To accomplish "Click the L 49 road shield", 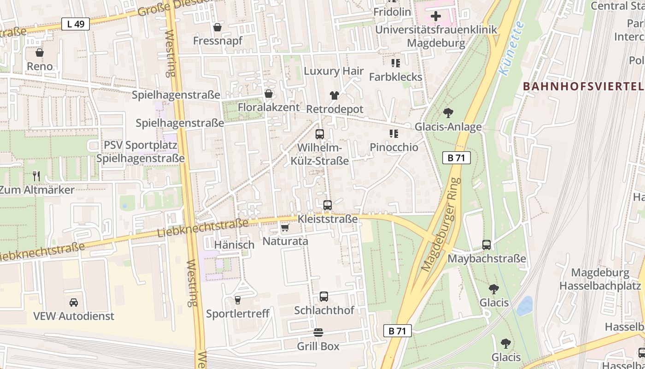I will coord(76,24).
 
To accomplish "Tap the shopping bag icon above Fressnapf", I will coord(217,28).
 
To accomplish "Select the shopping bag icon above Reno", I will coord(40,53).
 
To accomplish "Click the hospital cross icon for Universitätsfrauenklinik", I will coord(435,17).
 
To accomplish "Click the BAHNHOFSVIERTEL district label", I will coord(583,86).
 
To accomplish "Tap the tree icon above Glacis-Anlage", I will coord(448,113).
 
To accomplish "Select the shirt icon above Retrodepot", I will coord(334,95).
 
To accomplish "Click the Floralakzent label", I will coord(269,107).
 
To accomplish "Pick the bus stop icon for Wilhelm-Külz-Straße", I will coord(319,134).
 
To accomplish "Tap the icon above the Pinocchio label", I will coord(394,134).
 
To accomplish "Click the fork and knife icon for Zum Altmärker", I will coord(37,176).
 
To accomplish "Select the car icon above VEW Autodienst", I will coord(74,303).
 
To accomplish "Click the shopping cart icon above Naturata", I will coord(285,228).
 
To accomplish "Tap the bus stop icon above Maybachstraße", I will coord(487,245).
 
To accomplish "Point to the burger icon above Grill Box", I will coord(318,333).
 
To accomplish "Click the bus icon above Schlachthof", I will coord(324,297).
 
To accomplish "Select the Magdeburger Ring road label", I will coord(441,225).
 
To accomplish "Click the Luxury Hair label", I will coord(334,71).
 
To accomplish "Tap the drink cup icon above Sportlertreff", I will coord(238,300).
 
